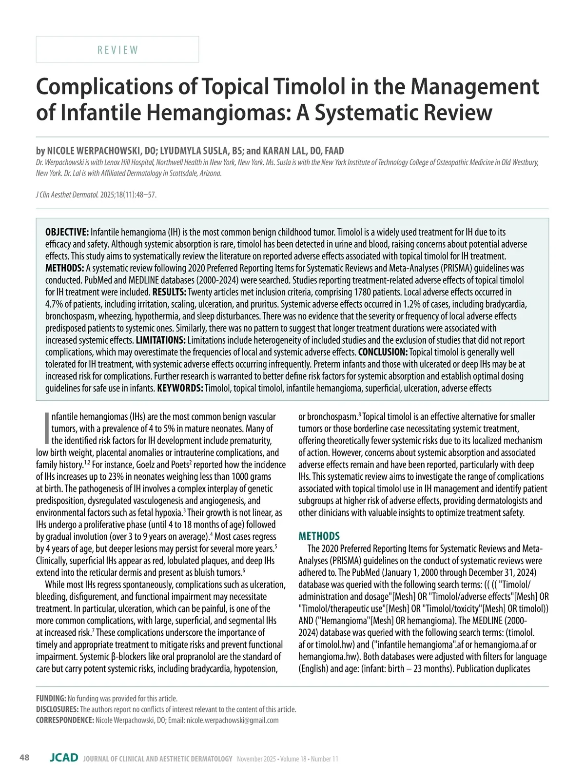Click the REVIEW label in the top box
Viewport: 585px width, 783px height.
(x=117, y=50)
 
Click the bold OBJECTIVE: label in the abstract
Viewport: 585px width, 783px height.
(x=67, y=232)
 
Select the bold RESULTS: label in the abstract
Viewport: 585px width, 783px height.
(x=169, y=292)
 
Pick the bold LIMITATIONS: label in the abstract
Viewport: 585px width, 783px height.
(x=160, y=340)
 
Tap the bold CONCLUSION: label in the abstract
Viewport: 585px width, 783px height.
(x=383, y=352)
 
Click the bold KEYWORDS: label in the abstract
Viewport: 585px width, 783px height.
(x=179, y=389)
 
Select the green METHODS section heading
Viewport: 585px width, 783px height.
(x=319, y=536)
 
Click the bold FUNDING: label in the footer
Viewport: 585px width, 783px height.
(x=51, y=699)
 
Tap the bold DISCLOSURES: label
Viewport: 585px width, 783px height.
(x=57, y=709)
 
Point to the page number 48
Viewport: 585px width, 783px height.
(x=24, y=758)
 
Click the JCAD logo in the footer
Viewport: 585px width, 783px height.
(x=64, y=758)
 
